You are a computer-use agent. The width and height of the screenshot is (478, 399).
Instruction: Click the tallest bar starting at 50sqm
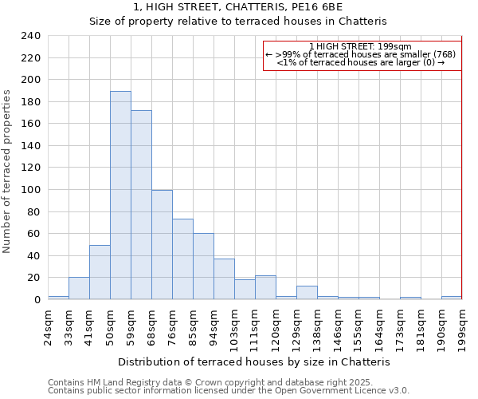click(120, 196)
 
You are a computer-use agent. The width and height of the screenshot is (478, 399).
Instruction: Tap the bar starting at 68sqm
click(162, 245)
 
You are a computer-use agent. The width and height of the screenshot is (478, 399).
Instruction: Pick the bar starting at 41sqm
click(100, 272)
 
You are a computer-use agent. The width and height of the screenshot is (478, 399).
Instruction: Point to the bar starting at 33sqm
click(79, 288)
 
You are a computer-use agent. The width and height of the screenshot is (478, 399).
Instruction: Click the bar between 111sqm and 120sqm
click(265, 287)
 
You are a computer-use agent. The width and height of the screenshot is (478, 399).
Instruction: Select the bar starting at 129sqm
click(307, 292)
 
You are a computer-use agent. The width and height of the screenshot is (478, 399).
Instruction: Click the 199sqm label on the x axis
click(462, 326)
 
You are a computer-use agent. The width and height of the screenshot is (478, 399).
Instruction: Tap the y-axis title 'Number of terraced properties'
click(7, 171)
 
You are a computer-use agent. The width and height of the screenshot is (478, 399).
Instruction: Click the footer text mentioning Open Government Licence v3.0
click(229, 391)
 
